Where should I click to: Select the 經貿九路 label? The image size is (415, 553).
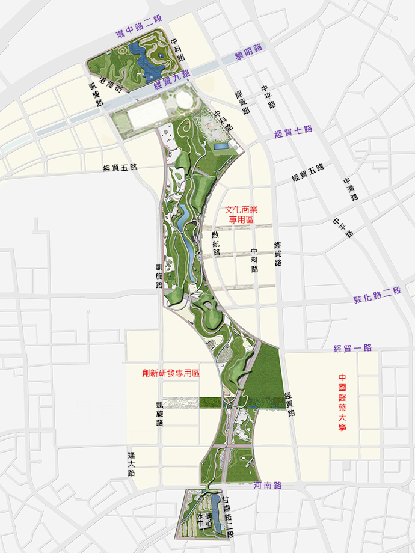pos(171,79)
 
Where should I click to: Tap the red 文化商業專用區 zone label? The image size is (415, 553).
pos(241,215)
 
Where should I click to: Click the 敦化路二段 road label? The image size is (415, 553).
pos(377,293)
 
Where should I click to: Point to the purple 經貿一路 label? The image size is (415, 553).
pos(352,348)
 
